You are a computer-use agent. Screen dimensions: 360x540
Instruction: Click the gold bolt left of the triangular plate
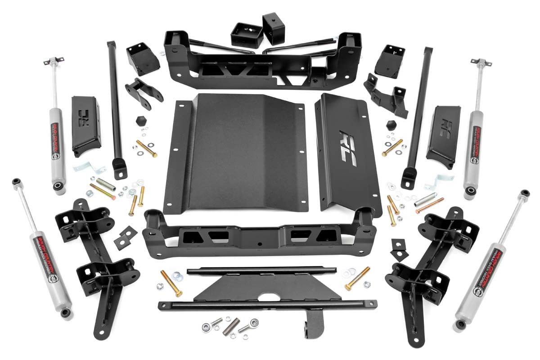(x=171, y=283)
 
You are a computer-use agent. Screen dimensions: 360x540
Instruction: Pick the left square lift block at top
(x=247, y=35)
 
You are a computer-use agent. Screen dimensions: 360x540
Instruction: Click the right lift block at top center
(x=274, y=28)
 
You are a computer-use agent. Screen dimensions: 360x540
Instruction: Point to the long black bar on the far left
(x=115, y=108)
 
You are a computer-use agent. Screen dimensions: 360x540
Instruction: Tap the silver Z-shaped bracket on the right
(x=432, y=183)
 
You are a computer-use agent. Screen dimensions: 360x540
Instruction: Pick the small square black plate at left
(x=125, y=238)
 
